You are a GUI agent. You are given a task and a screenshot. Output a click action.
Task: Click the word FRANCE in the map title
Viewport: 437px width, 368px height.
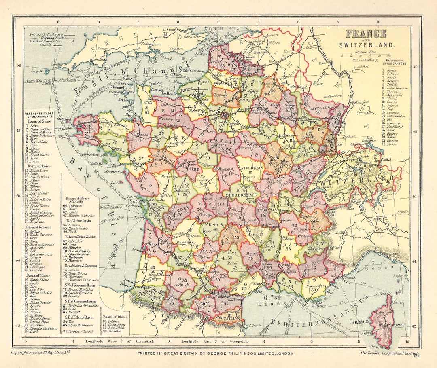pyautogui.click(x=366, y=34)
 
